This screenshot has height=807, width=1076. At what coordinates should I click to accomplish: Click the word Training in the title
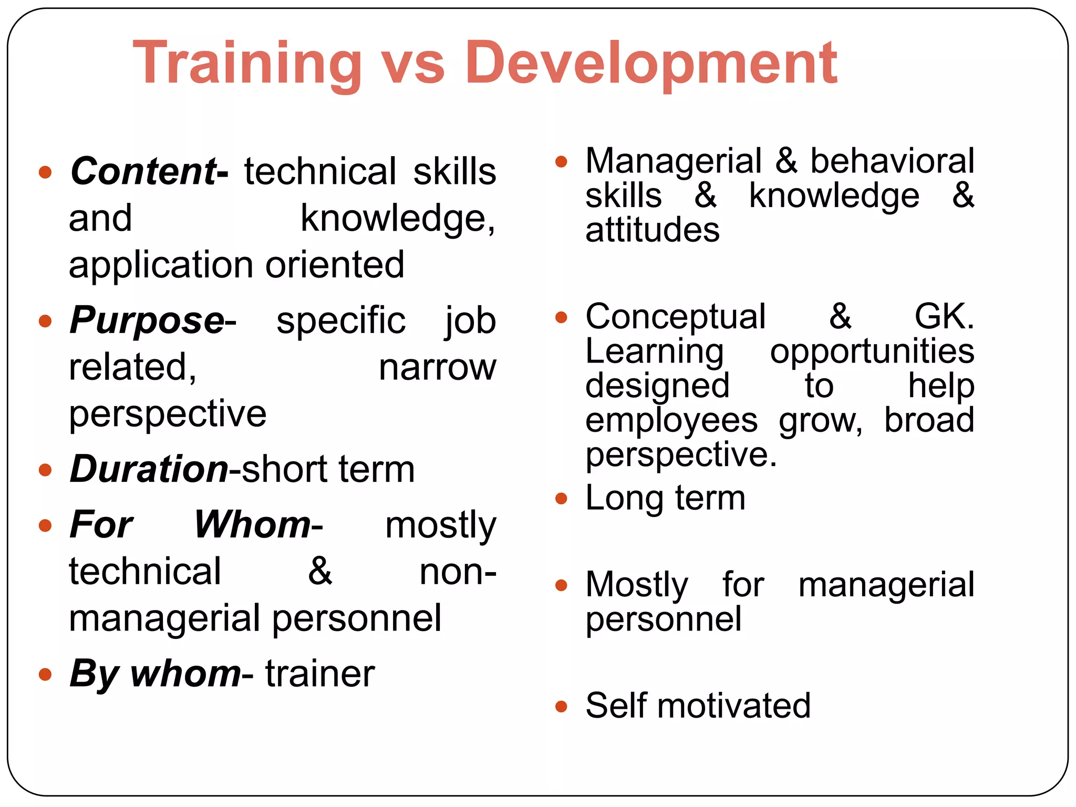[x=247, y=64]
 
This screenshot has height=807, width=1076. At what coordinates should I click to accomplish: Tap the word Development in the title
[x=651, y=64]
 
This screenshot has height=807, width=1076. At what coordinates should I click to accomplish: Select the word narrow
[x=437, y=367]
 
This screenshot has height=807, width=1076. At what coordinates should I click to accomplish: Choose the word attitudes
[x=653, y=230]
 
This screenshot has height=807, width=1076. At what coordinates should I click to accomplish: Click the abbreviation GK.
[x=944, y=317]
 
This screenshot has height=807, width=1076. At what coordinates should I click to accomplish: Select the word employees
[x=671, y=420]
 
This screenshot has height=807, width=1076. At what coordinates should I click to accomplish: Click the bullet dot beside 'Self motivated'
[x=561, y=706]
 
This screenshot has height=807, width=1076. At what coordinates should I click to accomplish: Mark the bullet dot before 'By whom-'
[x=46, y=674]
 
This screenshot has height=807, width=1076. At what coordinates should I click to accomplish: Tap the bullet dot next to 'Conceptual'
[x=561, y=317]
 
